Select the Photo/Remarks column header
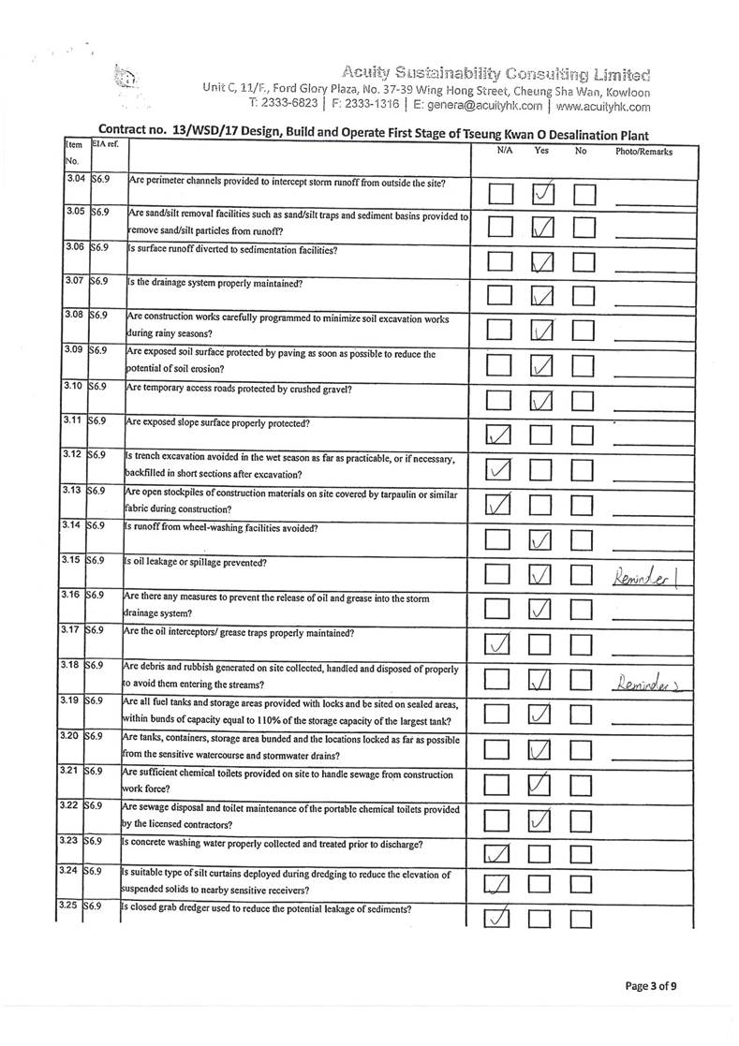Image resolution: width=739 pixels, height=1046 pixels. click(643, 151)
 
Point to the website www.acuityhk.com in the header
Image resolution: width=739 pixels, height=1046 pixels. click(601, 107)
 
